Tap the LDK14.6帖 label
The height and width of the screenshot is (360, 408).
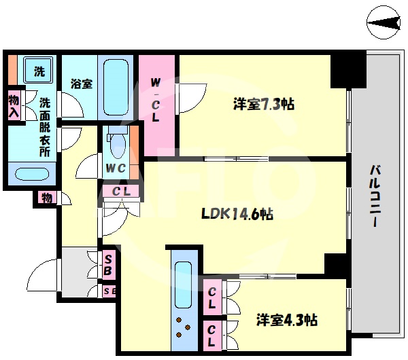coord(237,214)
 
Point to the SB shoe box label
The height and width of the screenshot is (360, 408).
coord(108,264)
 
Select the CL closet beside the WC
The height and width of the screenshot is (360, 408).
coord(121,191)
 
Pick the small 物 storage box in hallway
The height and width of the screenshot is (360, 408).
coord(45,198)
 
